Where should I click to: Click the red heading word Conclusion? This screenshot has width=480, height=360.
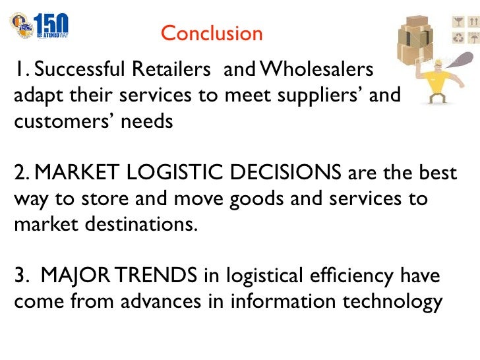[x=211, y=33]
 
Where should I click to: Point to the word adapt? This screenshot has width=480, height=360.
[x=34, y=96]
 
